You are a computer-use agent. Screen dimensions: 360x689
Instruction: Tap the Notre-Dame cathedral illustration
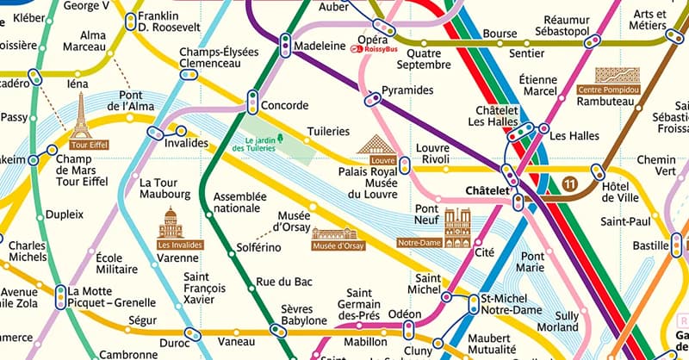[x=457, y=226]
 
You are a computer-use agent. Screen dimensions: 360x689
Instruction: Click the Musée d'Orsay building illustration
[x=338, y=234]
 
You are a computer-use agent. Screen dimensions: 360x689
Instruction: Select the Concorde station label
[x=284, y=106]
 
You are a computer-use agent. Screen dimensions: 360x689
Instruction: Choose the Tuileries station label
[x=328, y=132]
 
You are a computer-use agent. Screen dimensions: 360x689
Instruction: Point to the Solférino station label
[x=258, y=248]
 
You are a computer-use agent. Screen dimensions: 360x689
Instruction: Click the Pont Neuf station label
[x=426, y=214]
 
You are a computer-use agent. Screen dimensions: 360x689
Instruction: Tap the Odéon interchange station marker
[x=408, y=331]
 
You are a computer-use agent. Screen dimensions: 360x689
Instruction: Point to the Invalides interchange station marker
[x=156, y=133]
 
